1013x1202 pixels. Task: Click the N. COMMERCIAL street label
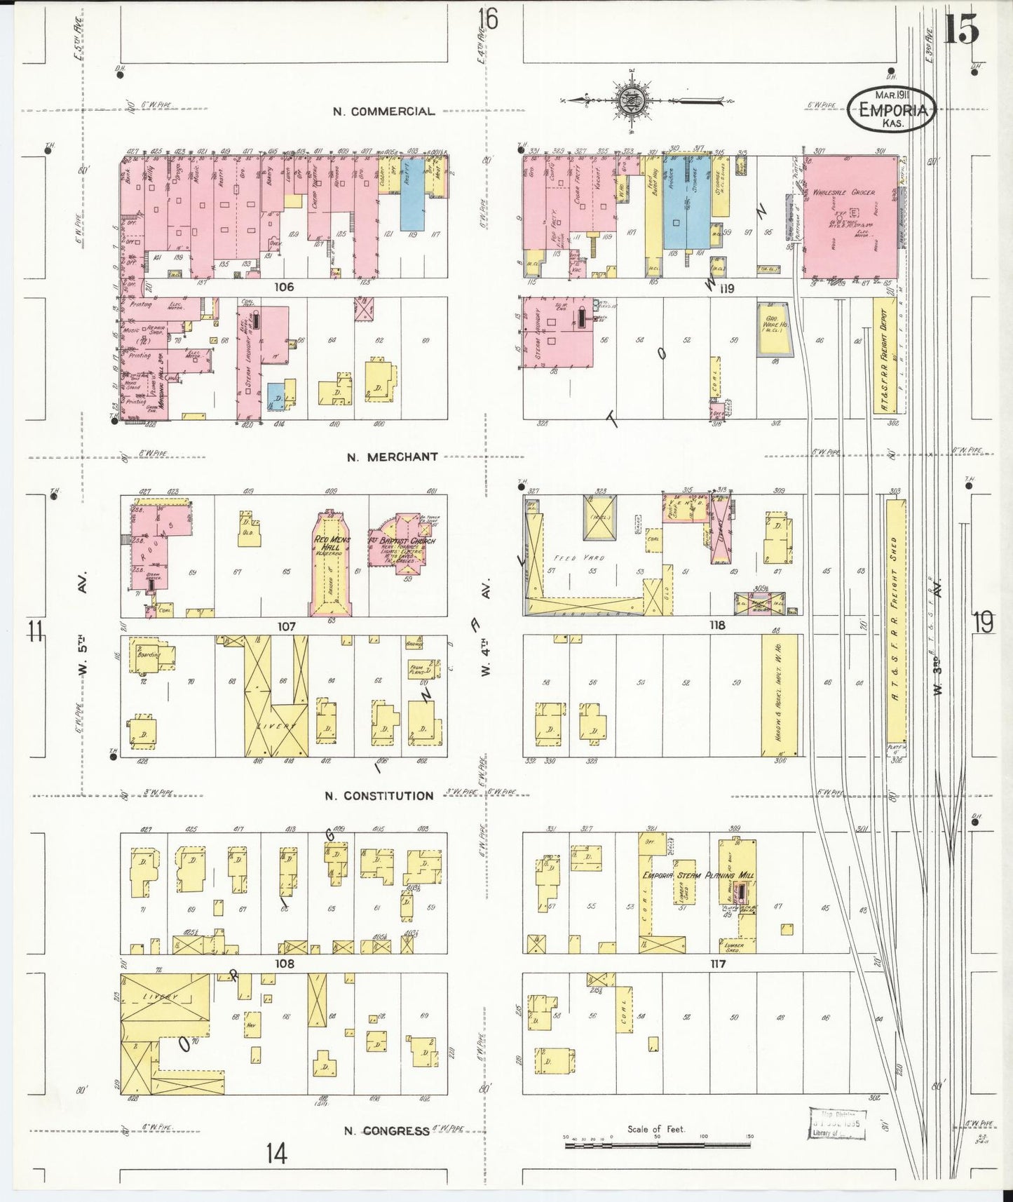coord(383,112)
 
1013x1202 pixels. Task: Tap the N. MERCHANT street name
coord(393,457)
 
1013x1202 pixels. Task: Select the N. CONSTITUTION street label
coord(379,796)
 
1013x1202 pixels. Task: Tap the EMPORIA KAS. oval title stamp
coord(892,110)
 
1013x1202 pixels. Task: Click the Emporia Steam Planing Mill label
coord(698,875)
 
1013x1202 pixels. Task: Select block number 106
coord(284,287)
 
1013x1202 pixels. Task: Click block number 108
coord(284,964)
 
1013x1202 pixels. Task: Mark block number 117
coord(717,964)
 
